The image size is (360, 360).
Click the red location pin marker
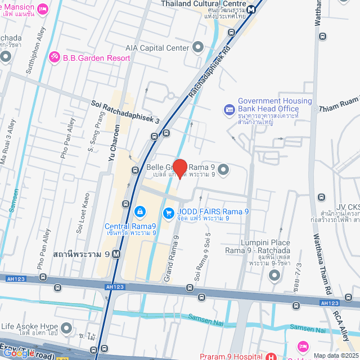click(179, 168)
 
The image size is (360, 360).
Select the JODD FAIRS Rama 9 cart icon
click(168, 213)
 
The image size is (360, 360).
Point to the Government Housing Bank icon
click(229, 109)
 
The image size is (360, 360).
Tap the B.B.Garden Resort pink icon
click(54, 56)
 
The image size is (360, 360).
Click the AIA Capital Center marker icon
click(197, 48)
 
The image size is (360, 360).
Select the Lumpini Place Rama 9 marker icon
click(274, 275)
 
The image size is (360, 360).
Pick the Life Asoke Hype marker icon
click(66, 327)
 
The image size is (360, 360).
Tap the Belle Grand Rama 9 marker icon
click(223, 168)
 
